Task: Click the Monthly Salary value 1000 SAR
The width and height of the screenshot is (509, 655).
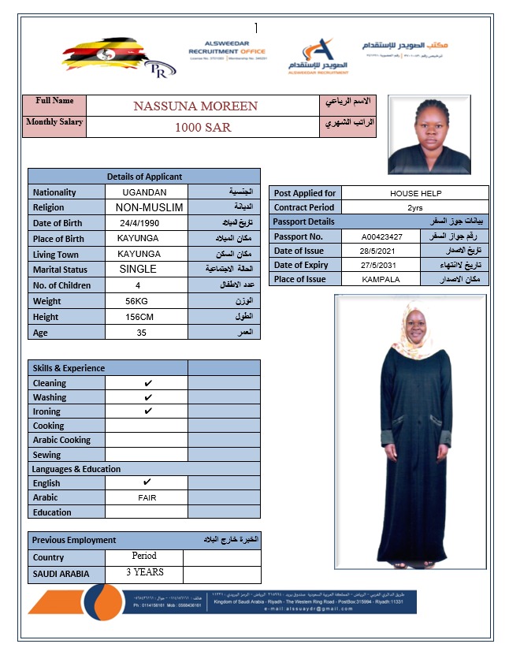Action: (x=203, y=127)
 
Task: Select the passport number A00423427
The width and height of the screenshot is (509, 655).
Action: (x=382, y=236)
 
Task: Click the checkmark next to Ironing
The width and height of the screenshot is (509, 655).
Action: (x=148, y=411)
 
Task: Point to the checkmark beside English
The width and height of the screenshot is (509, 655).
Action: (x=147, y=482)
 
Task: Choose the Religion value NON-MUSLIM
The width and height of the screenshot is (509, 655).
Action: (x=149, y=207)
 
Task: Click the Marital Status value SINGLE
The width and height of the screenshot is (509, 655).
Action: (x=137, y=269)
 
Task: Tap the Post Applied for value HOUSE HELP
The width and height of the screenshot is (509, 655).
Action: (x=415, y=193)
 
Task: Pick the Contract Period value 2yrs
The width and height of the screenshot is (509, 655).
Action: (x=414, y=207)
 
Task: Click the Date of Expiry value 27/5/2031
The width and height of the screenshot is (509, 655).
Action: (x=381, y=266)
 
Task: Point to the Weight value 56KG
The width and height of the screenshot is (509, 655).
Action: (x=137, y=301)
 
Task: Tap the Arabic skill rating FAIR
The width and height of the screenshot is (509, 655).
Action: (x=147, y=498)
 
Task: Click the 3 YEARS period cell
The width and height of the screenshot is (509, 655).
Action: (x=145, y=572)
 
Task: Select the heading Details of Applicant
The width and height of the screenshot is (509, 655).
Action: (x=144, y=177)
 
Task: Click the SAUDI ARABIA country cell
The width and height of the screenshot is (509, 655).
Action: (x=61, y=574)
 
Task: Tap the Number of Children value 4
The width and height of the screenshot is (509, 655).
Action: (x=138, y=285)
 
